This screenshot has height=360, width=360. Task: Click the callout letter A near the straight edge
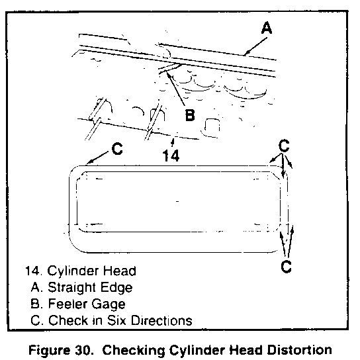coord(267,28)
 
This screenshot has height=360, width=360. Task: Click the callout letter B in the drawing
coord(190,114)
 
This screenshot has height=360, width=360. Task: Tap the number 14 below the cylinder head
coord(171,156)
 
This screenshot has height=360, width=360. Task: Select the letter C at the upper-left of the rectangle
coord(117,148)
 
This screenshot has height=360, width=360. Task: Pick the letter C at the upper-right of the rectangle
coord(284,146)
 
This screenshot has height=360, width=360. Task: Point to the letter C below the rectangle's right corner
coord(287,267)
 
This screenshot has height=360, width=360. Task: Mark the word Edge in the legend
coord(116,288)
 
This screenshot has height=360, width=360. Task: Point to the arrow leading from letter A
coord(255,46)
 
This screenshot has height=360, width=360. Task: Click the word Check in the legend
coord(68,320)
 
